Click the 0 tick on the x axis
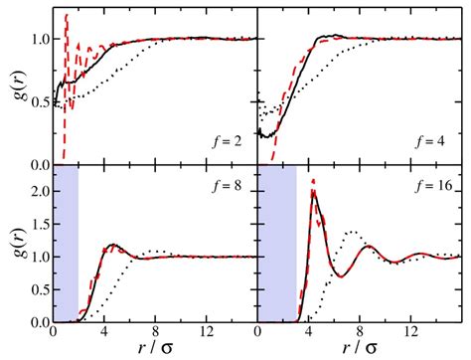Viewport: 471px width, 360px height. click(x=53, y=333)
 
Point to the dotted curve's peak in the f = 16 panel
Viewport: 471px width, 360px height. click(x=351, y=232)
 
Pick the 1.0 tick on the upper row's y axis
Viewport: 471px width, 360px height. click(x=37, y=40)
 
